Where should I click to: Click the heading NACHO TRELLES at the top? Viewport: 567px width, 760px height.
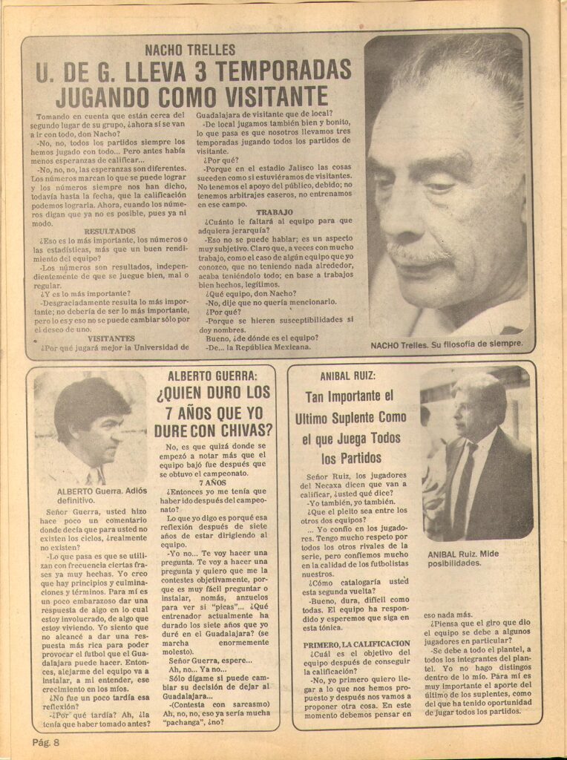[x=190, y=50]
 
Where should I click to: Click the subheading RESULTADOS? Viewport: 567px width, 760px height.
[x=110, y=231]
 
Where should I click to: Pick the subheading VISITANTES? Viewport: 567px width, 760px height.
[x=110, y=338]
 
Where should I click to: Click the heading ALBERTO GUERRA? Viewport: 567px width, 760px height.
[x=212, y=376]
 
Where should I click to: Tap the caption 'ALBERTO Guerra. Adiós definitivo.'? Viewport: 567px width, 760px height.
[x=101, y=496]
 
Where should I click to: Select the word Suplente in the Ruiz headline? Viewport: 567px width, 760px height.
[x=374, y=417]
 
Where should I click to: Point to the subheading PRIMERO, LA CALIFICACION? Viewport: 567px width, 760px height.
[x=356, y=644]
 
